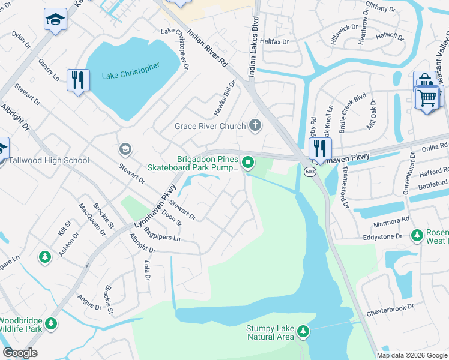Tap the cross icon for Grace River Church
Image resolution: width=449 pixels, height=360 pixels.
pos(255,126)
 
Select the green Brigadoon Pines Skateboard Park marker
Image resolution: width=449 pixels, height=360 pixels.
pos(247,162)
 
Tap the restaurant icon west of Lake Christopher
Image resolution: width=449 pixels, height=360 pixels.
pos(78,80)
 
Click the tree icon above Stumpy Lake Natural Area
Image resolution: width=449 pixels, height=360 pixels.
pos(303,330)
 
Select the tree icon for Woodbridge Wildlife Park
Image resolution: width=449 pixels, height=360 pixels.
pos(51,323)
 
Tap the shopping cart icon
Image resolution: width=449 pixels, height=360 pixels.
pos(427,96)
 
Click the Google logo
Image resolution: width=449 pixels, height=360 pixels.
pos(20,353)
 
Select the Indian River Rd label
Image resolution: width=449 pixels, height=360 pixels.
pos(208,47)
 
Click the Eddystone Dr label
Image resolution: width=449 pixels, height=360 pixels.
pos(383,237)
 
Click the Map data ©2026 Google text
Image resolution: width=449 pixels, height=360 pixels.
pos(412,355)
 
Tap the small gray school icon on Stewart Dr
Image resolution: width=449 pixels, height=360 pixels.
pos(125,148)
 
